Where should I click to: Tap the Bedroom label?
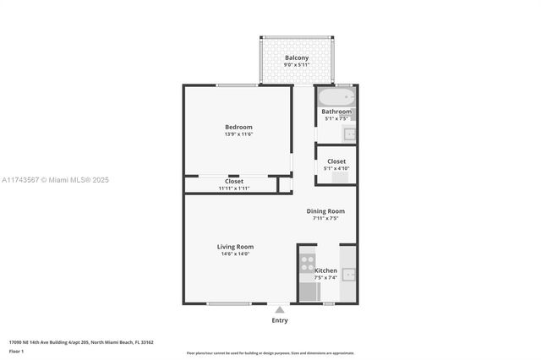tap(238, 128)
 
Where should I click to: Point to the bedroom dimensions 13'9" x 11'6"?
tap(238, 134)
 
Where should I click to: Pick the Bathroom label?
tap(336, 112)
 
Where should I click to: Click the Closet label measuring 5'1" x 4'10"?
tap(336, 161)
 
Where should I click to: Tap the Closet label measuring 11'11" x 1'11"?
tap(234, 181)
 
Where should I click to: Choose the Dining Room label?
tap(325, 211)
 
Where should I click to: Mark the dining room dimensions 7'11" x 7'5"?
tap(325, 218)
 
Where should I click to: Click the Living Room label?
tap(235, 247)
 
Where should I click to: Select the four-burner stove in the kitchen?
tap(308, 262)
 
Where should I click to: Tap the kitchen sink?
tap(348, 274)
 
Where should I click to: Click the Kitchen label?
tap(325, 270)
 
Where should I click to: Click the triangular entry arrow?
tap(280, 310)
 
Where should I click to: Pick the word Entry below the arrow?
tap(280, 320)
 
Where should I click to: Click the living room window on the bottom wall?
tap(228, 303)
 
